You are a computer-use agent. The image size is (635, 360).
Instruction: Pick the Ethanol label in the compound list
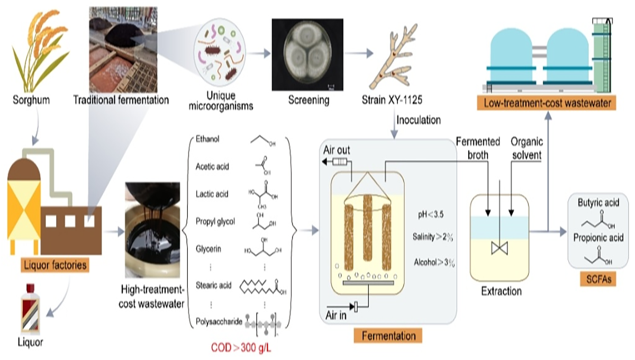207,139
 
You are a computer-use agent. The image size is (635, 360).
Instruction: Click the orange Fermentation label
388,336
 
